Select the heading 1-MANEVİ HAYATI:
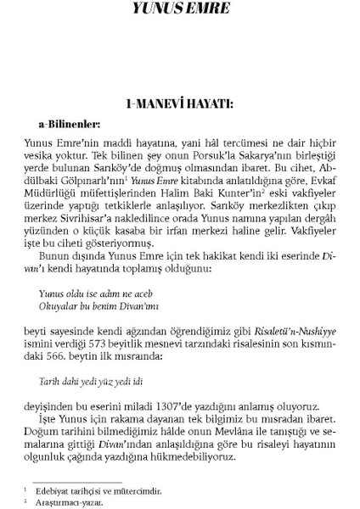pos(180,104)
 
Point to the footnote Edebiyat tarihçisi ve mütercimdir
pos(94,489)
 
